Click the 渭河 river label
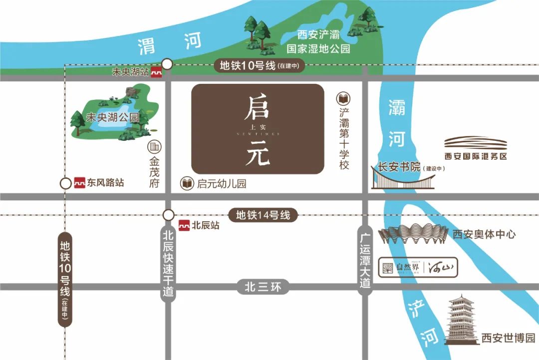pyautogui.click(x=170, y=44)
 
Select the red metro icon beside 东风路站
pyautogui.click(x=80, y=183)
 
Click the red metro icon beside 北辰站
pyautogui.click(x=185, y=225)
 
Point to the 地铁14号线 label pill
pyautogui.click(x=263, y=216)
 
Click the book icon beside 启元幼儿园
pyautogui.click(x=187, y=183)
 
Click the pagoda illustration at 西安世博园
pyautogui.click(x=462, y=320)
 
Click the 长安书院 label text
pyautogui.click(x=399, y=167)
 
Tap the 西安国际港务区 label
pyautogui.click(x=476, y=156)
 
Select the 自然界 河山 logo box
pyautogui.click(x=418, y=267)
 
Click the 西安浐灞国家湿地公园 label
pyautogui.click(x=318, y=42)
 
